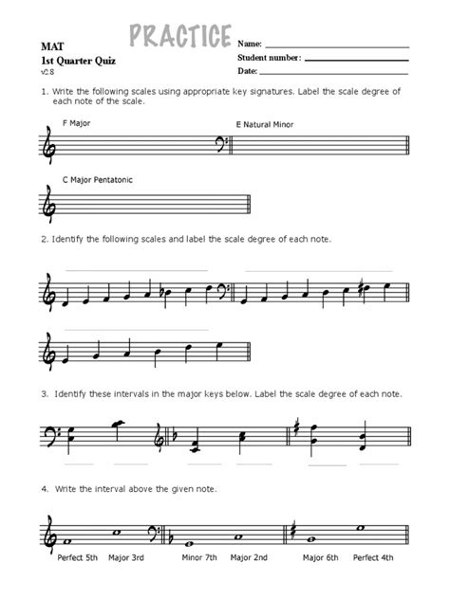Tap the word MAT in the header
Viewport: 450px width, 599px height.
click(51, 45)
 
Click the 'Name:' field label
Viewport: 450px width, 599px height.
click(249, 45)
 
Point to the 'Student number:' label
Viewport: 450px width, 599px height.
click(269, 58)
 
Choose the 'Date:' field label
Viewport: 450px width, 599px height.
click(248, 70)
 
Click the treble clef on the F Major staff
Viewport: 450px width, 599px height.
click(49, 146)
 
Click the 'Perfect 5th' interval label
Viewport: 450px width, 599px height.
click(77, 558)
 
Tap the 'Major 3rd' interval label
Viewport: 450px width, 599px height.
click(127, 558)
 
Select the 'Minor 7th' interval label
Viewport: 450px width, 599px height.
click(201, 558)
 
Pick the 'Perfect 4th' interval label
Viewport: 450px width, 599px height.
click(375, 558)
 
